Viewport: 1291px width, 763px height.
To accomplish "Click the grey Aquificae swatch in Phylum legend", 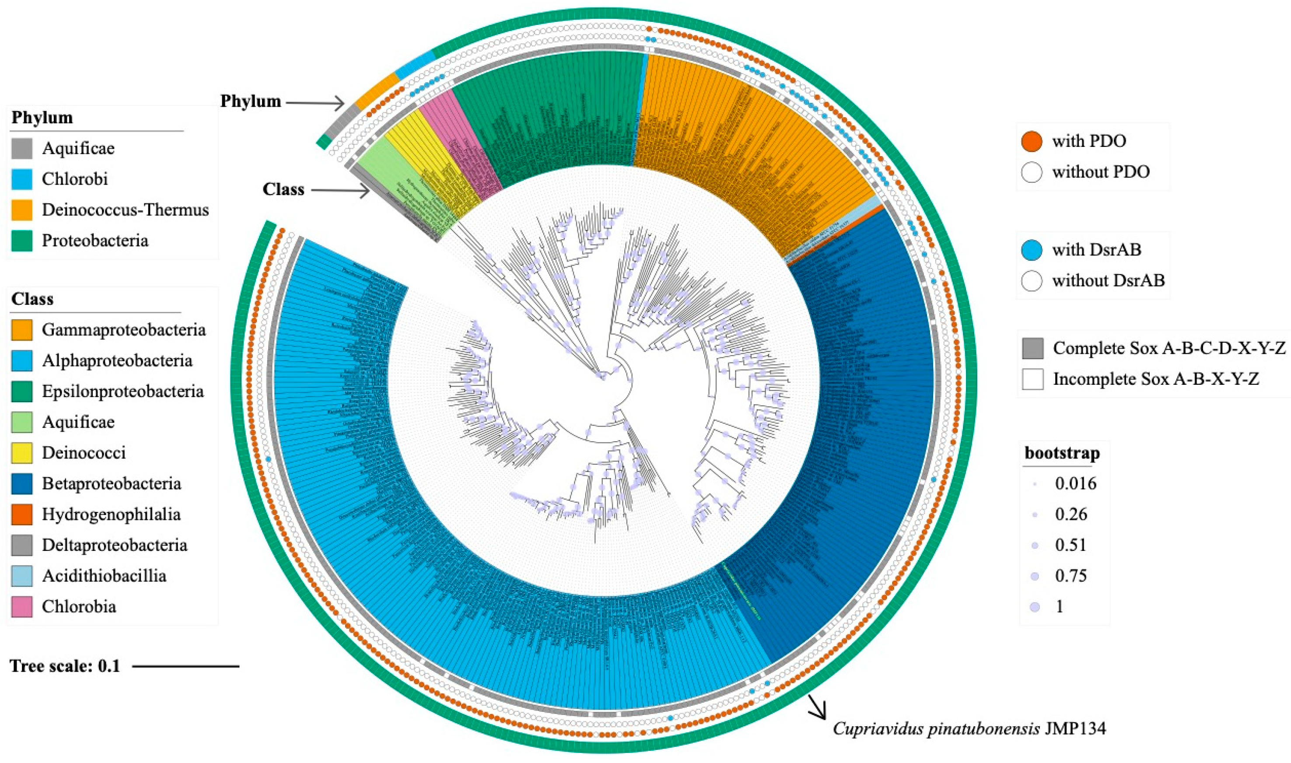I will [x=21, y=149].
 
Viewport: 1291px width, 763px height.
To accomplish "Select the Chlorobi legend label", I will [x=74, y=179].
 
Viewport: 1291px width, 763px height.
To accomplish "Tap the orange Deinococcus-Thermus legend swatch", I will [x=21, y=210].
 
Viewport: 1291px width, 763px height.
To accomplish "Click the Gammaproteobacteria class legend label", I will [x=123, y=330].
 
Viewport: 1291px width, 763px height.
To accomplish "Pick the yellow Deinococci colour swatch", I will [x=21, y=453].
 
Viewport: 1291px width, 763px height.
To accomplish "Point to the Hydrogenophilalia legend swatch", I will [x=21, y=515].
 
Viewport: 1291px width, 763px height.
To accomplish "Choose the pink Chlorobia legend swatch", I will [x=21, y=607].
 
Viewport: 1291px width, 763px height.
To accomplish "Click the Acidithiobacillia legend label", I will [x=104, y=576].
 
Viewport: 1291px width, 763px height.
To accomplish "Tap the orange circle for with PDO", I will [x=1031, y=141].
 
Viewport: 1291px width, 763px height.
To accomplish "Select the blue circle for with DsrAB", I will [x=1031, y=250].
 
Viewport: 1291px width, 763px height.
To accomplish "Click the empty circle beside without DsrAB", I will [x=1031, y=281].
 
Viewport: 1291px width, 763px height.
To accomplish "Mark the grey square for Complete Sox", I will [x=1032, y=348].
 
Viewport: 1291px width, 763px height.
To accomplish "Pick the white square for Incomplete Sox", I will [x=1032, y=379].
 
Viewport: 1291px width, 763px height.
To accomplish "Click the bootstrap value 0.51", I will [x=1071, y=545].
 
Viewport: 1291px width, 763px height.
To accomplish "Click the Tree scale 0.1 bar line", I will [x=185, y=667].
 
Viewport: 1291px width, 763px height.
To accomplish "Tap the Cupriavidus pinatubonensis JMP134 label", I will [x=969, y=728].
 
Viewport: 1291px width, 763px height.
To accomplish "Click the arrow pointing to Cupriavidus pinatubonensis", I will [x=817, y=707].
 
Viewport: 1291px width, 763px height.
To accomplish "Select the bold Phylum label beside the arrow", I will [x=251, y=101].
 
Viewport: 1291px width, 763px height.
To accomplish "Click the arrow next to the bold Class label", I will [x=340, y=191].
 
